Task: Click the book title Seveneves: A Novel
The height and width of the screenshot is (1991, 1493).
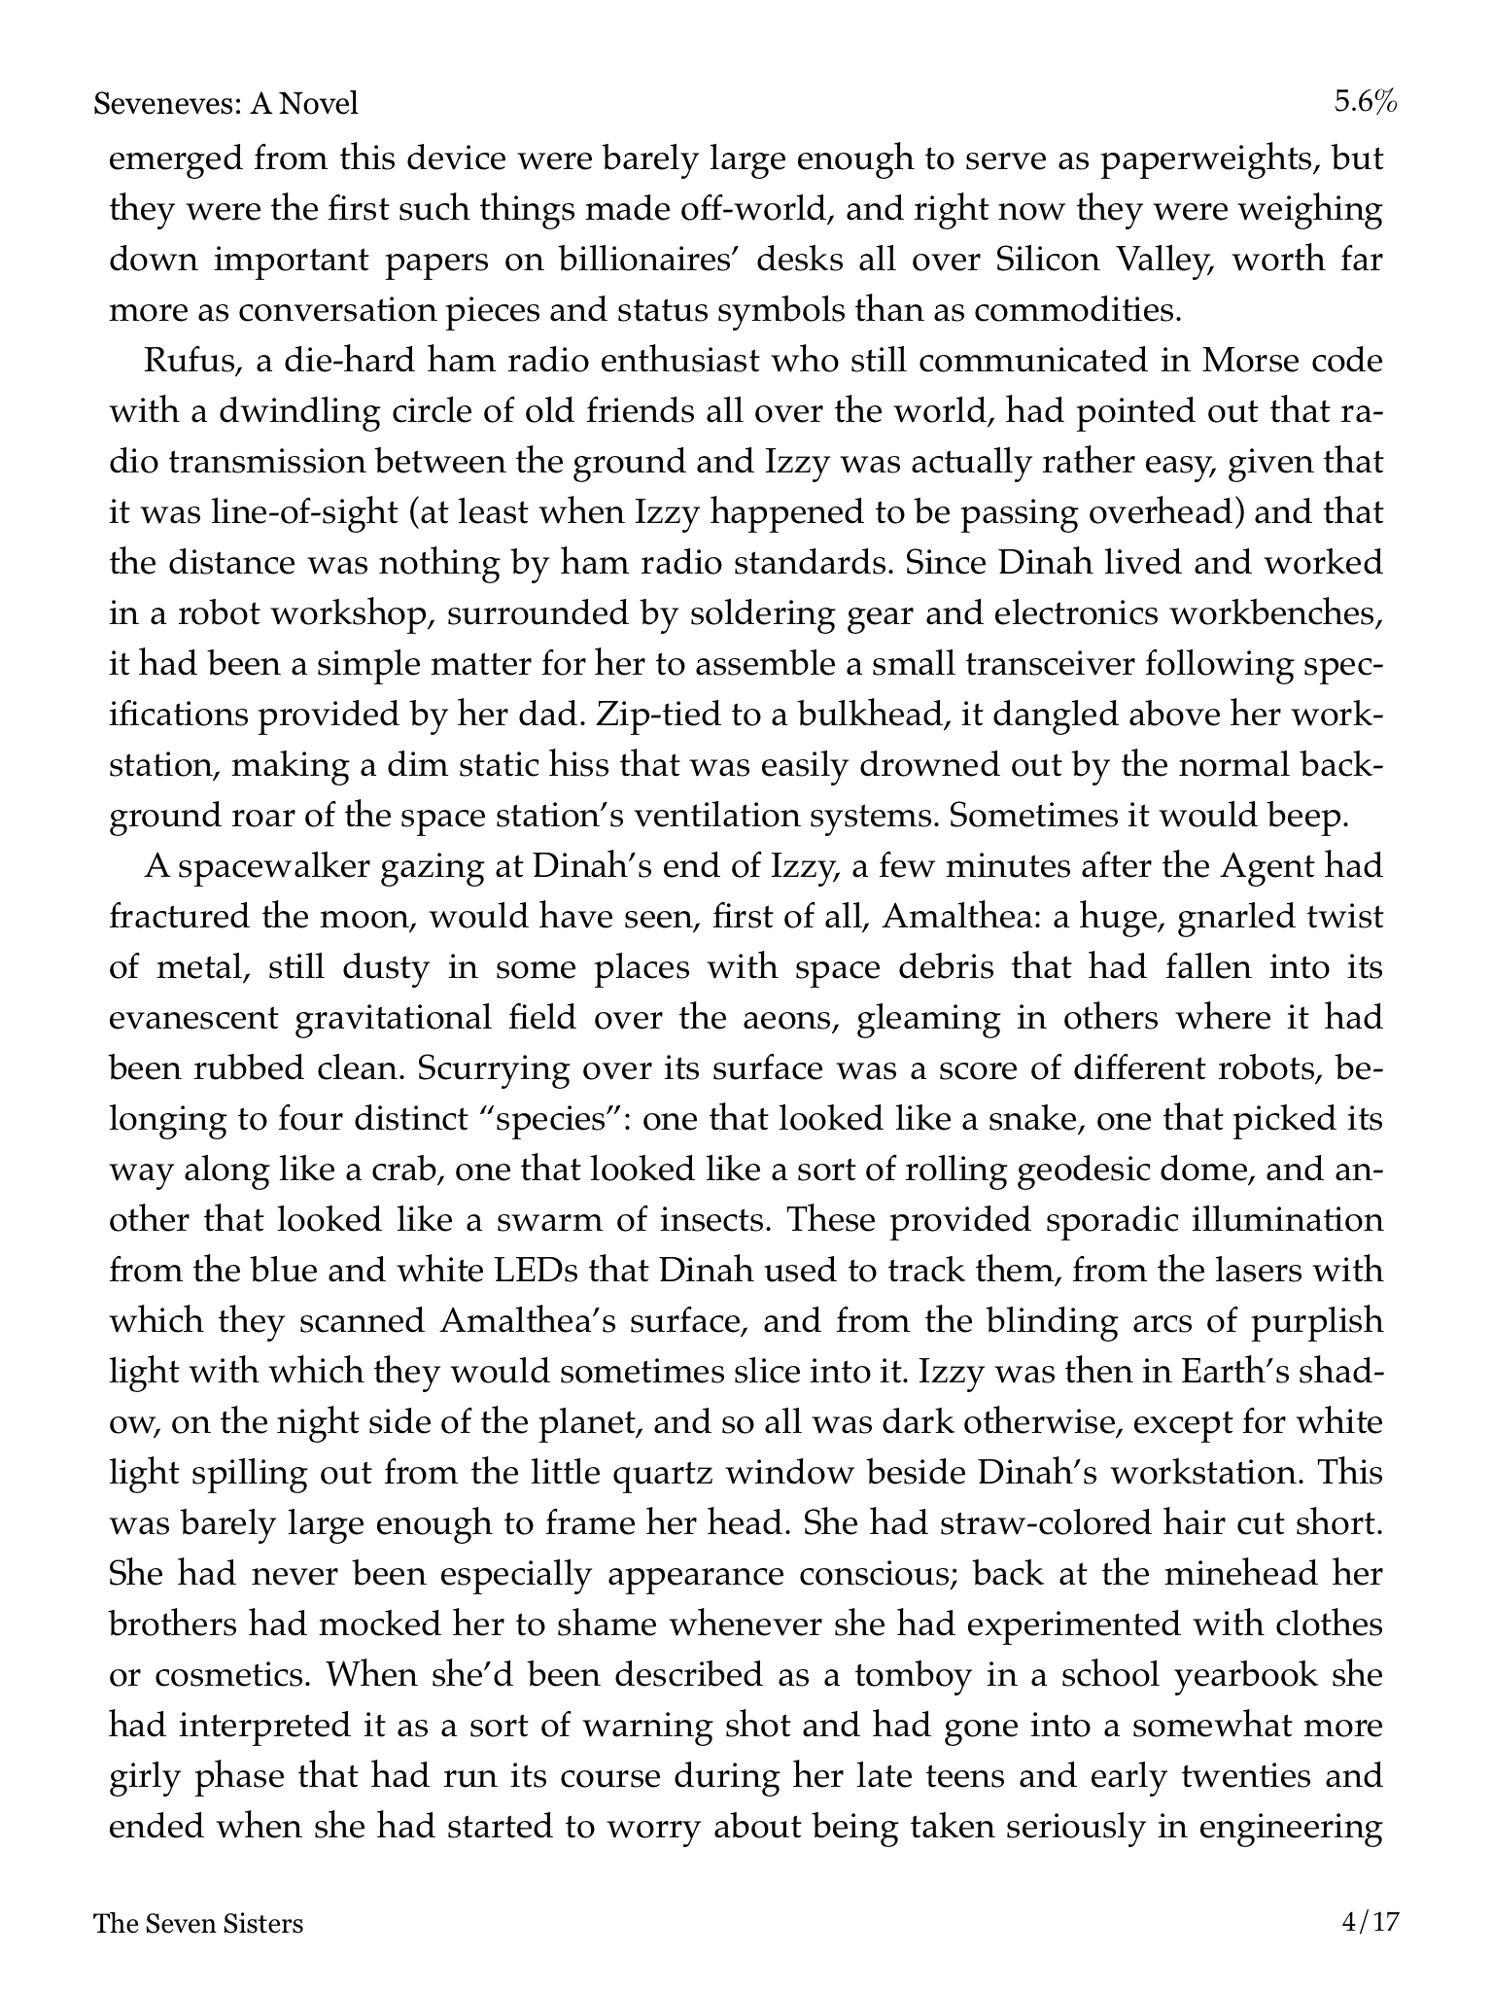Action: pos(226,102)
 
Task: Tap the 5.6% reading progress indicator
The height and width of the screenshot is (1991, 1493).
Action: pos(1365,102)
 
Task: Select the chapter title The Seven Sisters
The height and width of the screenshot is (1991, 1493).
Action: pos(198,1923)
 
